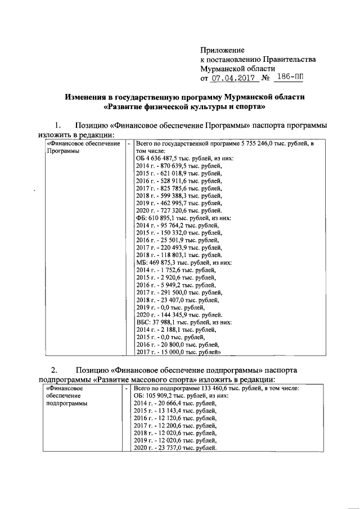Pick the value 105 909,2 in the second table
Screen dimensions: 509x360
point(165,396)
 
